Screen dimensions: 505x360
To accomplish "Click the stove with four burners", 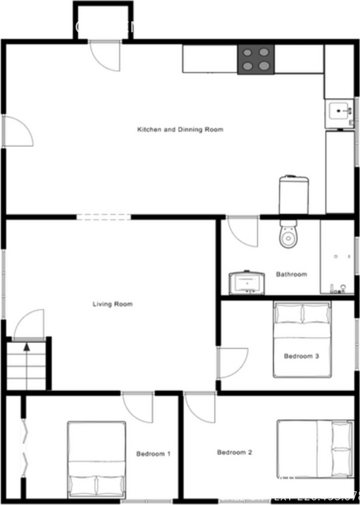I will click(x=256, y=59).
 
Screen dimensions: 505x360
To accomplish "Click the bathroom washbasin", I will click(x=247, y=282).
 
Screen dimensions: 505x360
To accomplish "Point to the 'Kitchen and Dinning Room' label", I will click(x=180, y=130).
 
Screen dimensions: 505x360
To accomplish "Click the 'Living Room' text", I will click(x=112, y=304).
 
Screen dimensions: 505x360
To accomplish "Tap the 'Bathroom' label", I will click(x=291, y=274).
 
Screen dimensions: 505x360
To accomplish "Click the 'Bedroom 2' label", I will click(x=234, y=453).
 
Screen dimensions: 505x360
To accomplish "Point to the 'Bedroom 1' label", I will click(x=153, y=454).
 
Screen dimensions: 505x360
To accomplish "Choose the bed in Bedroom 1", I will click(x=97, y=459).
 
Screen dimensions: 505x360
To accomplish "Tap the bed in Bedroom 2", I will click(x=315, y=449).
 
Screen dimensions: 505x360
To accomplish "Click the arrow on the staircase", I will click(x=26, y=348).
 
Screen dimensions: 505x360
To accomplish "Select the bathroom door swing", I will click(x=241, y=231).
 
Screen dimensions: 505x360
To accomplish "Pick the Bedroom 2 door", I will click(x=200, y=406).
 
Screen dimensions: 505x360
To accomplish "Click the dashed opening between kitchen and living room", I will click(x=104, y=217).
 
